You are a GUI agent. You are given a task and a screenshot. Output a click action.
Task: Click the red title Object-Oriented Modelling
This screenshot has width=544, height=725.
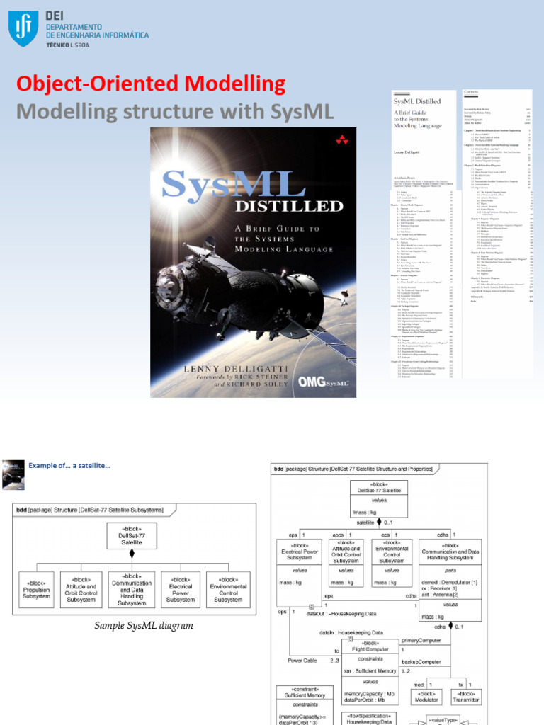pos(151,85)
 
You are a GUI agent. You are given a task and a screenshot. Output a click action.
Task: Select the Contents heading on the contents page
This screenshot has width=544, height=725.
pos(471,92)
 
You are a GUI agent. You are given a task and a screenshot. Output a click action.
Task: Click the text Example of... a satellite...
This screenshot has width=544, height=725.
pos(69,465)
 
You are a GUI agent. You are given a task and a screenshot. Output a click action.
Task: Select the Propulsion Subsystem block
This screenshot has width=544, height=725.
pos(36,590)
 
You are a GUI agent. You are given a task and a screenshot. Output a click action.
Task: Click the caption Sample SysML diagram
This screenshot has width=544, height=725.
pos(144,626)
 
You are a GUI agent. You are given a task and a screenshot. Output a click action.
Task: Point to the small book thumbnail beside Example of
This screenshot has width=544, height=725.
pos(13,474)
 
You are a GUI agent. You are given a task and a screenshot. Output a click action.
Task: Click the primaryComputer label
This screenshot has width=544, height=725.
pos(431,639)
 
